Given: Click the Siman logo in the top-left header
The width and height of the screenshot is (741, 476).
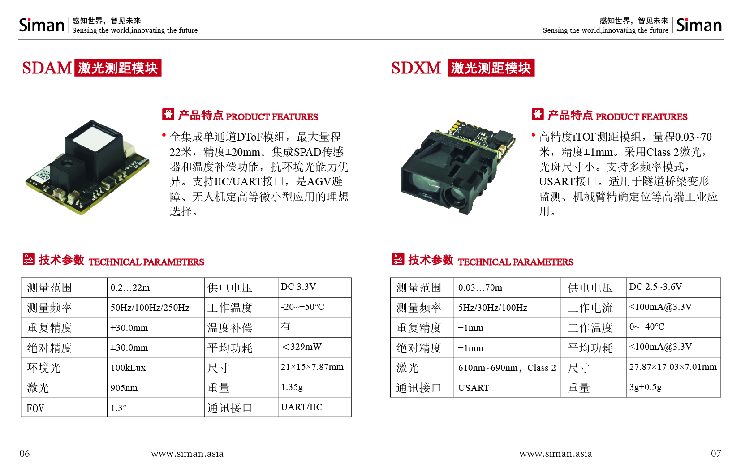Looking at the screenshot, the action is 42,25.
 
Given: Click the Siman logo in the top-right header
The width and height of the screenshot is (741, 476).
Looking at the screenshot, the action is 699,25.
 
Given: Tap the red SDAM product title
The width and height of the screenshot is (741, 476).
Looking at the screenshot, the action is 47,68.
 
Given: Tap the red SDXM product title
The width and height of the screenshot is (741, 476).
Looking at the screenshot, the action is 416,68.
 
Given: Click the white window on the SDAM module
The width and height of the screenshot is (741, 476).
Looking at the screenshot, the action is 96,137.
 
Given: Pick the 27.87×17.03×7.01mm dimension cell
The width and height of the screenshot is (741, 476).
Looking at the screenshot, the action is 673,367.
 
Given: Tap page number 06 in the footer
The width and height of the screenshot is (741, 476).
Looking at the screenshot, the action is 25,453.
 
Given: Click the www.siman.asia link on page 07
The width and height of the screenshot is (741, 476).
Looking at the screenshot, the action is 556,453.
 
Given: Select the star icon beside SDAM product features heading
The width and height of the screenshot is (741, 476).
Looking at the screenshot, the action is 168,114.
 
